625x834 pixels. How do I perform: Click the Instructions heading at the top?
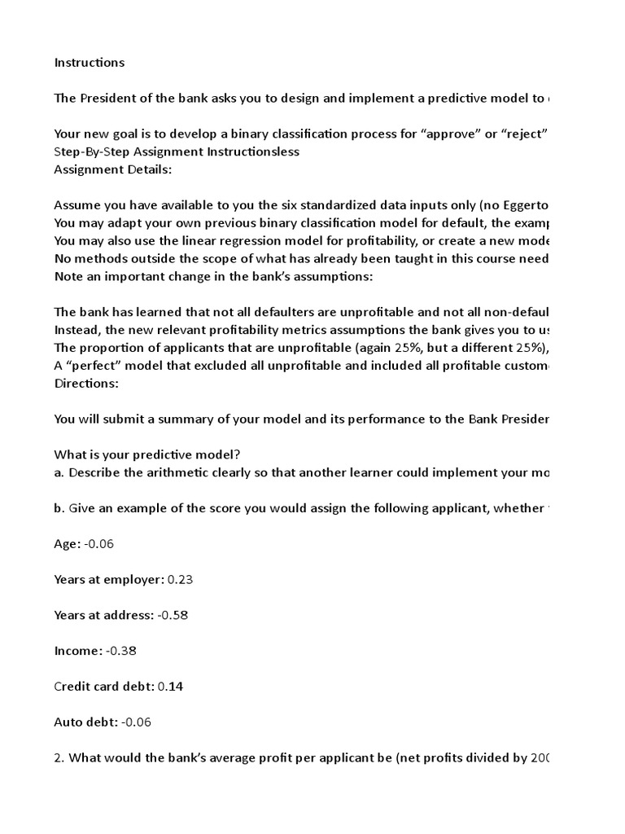[90, 62]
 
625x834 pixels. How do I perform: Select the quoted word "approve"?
[440, 134]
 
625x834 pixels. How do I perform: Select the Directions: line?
[86, 383]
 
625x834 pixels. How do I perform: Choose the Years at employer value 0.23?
[180, 580]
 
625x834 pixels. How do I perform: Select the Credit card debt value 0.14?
[171, 687]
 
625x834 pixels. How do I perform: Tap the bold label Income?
[78, 651]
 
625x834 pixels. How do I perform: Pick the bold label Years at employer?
[109, 580]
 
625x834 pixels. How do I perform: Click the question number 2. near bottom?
[59, 757]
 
